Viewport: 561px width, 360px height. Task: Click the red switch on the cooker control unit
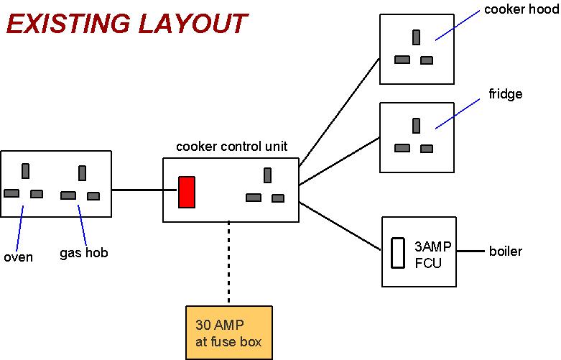click(187, 192)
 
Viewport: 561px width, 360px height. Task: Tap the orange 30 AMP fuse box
click(229, 332)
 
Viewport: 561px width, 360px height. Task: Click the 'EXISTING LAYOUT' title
click(126, 23)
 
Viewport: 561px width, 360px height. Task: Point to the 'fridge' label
click(506, 93)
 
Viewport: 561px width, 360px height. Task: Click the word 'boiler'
click(506, 251)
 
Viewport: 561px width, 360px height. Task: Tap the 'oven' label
click(19, 257)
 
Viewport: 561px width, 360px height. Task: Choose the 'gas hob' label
click(84, 253)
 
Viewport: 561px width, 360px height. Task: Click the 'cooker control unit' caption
click(231, 147)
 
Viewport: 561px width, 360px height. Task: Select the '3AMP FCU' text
click(433, 254)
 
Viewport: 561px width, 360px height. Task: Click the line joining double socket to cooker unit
click(137, 190)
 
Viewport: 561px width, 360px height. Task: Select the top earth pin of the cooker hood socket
click(417, 37)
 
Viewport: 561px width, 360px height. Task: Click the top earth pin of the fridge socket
click(417, 126)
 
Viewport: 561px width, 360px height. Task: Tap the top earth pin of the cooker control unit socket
click(267, 175)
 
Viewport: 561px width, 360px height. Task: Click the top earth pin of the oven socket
click(26, 170)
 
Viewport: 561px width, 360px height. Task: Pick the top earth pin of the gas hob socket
click(83, 172)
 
